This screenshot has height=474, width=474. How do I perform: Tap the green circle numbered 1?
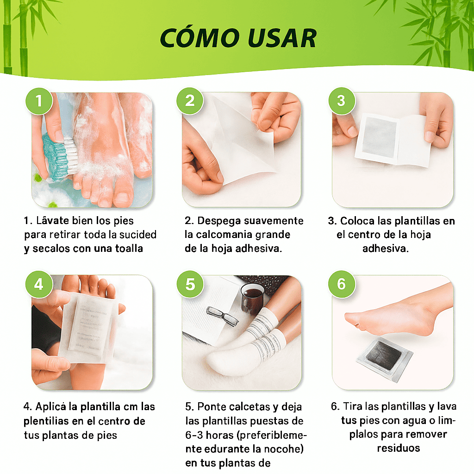click(38, 100)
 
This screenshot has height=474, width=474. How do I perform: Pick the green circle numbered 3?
click(341, 100)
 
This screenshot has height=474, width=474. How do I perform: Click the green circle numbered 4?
click(38, 284)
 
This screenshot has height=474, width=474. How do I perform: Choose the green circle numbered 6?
click(341, 284)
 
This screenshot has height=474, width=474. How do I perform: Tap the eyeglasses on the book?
click(221, 316)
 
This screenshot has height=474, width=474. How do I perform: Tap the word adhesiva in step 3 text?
click(385, 249)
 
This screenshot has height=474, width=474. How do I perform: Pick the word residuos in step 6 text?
click(398, 448)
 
